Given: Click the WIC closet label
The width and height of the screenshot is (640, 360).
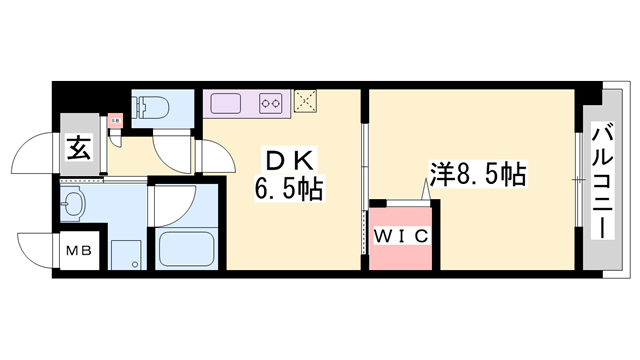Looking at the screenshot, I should pyautogui.click(x=403, y=237).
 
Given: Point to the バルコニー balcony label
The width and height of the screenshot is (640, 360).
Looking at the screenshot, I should pyautogui.click(x=602, y=180).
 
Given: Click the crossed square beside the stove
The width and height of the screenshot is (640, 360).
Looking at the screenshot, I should pyautogui.click(x=305, y=101).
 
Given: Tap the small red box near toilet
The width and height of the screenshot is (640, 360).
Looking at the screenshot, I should pyautogui.click(x=115, y=120).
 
